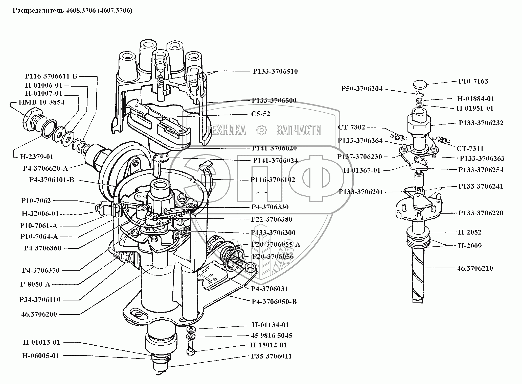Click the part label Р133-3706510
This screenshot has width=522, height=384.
tap(275, 71)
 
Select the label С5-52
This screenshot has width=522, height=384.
tap(261, 114)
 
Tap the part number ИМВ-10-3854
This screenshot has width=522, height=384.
tap(41, 102)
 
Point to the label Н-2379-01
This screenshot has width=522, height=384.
tap(37, 157)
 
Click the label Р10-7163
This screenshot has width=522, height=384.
tap(473, 81)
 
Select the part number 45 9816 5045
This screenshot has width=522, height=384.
tap(272, 335)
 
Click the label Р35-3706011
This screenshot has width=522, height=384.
tap(271, 356)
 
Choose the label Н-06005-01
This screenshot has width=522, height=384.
tap(41, 356)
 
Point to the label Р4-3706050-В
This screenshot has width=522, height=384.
tap(274, 301)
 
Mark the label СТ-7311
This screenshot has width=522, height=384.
tap(470, 149)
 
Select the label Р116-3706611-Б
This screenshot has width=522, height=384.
tap(51, 76)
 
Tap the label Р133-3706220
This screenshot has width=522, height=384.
tap(481, 213)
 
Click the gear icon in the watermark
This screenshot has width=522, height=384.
tap(261, 130)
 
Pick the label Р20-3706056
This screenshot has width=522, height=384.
tap(273, 257)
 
